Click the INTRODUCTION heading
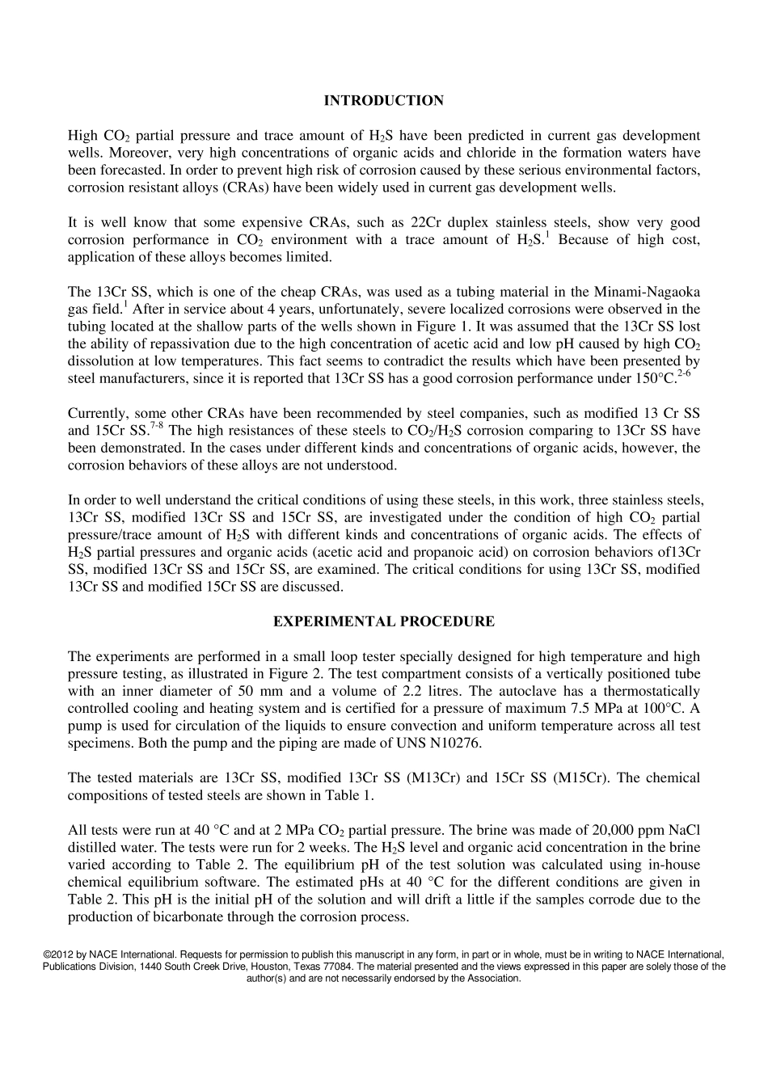point(383,101)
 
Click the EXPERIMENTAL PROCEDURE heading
point(383,621)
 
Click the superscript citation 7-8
point(158,425)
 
